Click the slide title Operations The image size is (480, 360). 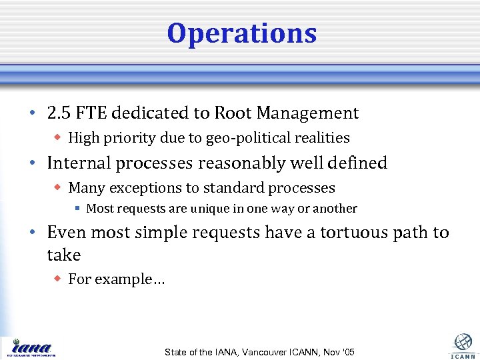point(241,33)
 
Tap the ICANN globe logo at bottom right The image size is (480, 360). point(463,343)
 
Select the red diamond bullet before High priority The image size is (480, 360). point(58,138)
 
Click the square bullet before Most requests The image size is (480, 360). point(77,209)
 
